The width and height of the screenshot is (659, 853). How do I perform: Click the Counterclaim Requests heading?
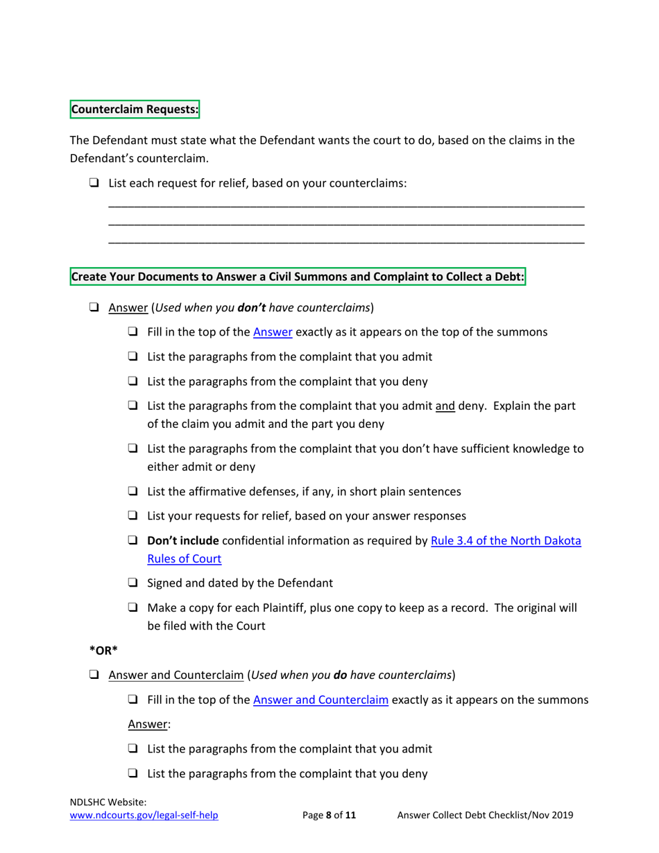[135, 110]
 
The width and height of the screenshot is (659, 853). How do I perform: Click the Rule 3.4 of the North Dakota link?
[506, 540]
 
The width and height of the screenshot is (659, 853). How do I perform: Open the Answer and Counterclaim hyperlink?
[320, 700]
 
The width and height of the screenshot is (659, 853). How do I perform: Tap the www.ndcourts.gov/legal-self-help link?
[144, 816]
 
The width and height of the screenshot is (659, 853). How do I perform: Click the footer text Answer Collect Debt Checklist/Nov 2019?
[485, 816]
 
